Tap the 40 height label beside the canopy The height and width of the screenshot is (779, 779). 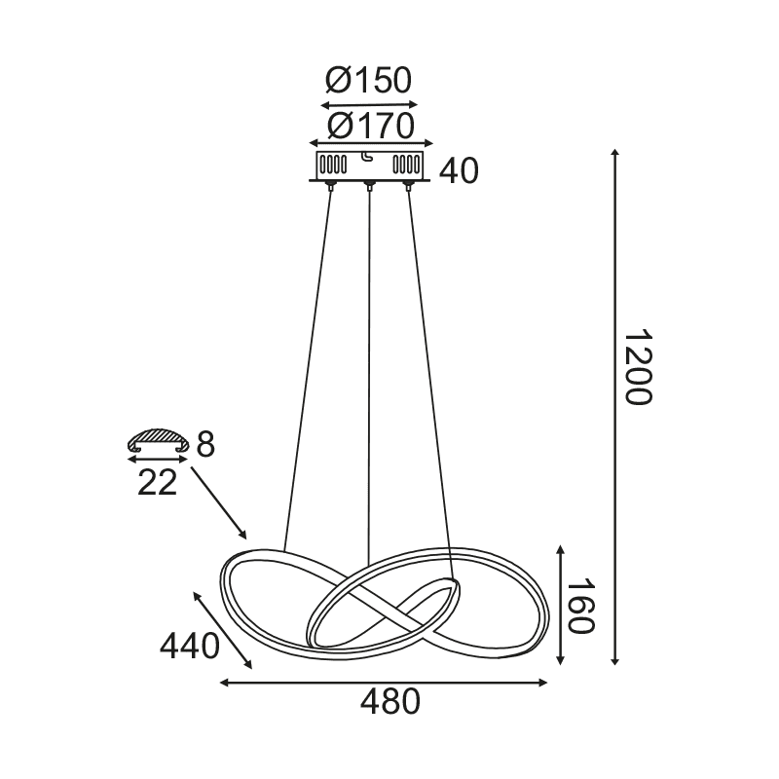click(459, 171)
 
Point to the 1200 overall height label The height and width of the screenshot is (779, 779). click(637, 367)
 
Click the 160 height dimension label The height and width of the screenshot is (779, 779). click(580, 607)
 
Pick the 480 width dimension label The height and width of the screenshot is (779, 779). click(390, 701)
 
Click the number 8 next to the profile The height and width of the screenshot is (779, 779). click(204, 445)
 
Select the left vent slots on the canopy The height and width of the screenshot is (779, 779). click(333, 163)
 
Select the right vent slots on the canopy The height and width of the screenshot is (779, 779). click(407, 163)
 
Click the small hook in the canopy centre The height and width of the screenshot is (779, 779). click(367, 157)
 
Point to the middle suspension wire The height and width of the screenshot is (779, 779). click(369, 389)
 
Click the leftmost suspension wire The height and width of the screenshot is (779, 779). click(307, 370)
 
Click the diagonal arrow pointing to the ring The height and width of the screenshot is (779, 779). click(219, 502)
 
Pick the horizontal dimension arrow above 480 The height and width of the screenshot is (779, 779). click(385, 683)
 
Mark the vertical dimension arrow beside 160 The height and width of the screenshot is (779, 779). click(562, 606)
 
